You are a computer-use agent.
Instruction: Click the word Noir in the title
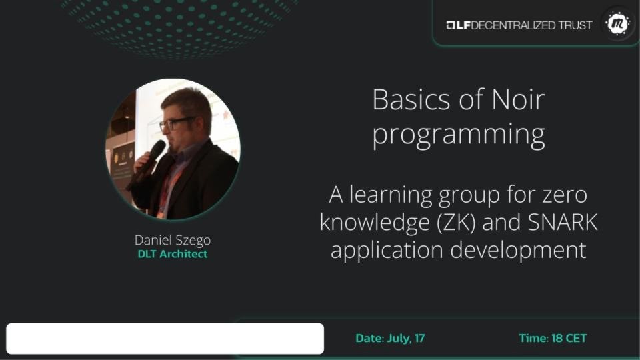click(519, 99)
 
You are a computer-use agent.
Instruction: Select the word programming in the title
click(459, 135)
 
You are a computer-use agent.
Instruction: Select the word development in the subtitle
click(519, 250)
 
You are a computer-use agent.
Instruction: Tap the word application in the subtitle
click(387, 250)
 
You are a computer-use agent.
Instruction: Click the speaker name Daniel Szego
click(173, 240)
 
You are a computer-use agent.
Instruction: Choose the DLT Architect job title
click(173, 254)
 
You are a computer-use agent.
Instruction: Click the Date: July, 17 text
click(390, 339)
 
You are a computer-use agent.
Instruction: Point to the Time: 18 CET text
click(553, 339)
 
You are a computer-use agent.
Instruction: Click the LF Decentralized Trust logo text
click(519, 25)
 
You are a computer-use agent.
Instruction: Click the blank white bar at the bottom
click(165, 339)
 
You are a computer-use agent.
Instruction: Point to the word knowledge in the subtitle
click(375, 223)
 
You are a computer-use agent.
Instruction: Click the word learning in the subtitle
click(391, 196)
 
